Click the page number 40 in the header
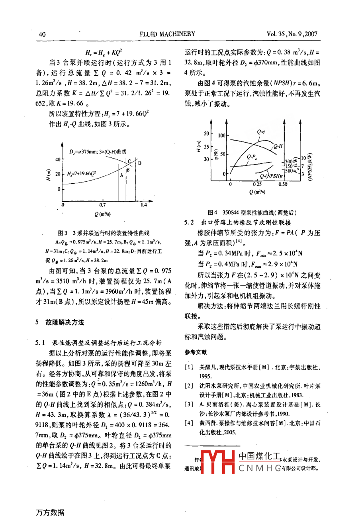click(x=42, y=34)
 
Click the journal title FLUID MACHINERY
click(x=167, y=34)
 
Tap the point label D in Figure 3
click(x=139, y=163)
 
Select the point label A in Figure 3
click(x=121, y=174)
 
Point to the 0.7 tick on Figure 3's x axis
click(x=102, y=205)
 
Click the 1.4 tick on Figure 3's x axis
click(x=143, y=205)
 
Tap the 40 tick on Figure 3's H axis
click(x=57, y=160)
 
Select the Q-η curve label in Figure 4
click(x=261, y=131)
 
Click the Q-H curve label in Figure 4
click(x=278, y=146)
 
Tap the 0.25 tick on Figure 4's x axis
click(x=257, y=184)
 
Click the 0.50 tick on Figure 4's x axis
click(x=283, y=184)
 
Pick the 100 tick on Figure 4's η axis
click(x=221, y=135)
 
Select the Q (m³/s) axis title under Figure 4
click(x=257, y=192)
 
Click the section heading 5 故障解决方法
click(x=59, y=322)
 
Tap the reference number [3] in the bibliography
click(x=189, y=404)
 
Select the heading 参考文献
click(x=196, y=352)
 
